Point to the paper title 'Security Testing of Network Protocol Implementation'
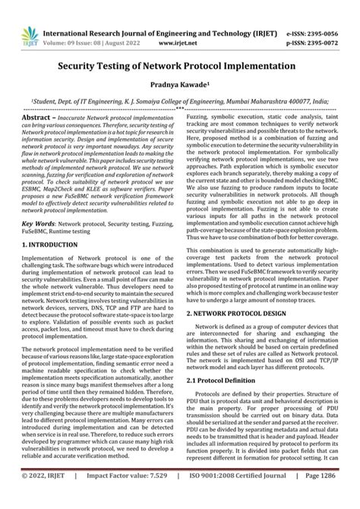click(179, 66)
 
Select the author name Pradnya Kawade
click(179, 87)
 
